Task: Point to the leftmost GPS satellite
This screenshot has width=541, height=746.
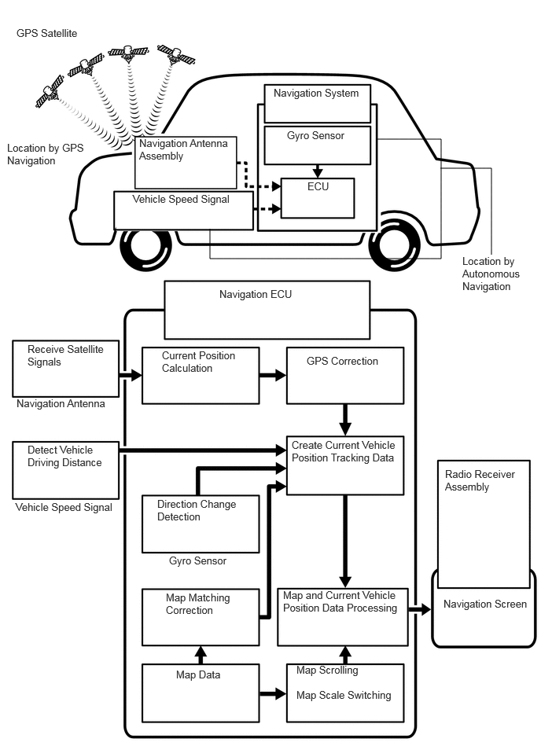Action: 50,91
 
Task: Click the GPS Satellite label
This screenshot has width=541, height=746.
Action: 46,33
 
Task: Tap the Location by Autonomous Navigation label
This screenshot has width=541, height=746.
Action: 491,274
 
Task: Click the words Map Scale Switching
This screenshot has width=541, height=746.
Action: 344,695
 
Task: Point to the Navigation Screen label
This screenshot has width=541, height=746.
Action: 485,605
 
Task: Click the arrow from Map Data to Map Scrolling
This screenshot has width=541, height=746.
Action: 273,693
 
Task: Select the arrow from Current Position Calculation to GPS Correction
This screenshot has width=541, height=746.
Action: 273,376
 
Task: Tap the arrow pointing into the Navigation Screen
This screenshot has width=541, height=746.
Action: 420,609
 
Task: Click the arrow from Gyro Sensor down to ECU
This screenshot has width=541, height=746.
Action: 318,171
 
